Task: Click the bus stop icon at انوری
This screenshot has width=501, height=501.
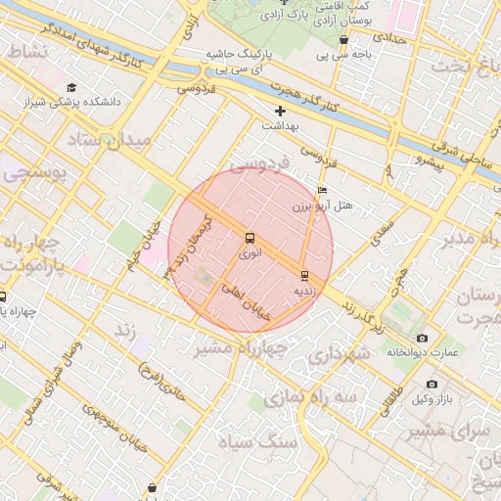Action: pyautogui.click(x=250, y=238)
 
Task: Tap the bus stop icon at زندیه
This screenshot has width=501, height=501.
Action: pyautogui.click(x=304, y=276)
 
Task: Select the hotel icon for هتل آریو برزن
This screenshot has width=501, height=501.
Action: pyautogui.click(x=323, y=190)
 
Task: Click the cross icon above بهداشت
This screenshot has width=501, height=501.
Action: pyautogui.click(x=281, y=111)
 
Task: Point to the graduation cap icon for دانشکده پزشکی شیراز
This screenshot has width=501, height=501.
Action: pyautogui.click(x=70, y=87)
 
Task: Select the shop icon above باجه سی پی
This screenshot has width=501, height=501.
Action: pyautogui.click(x=343, y=40)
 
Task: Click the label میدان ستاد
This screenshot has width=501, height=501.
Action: pyautogui.click(x=110, y=140)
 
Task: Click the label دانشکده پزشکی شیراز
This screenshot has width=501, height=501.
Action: pyautogui.click(x=108, y=101)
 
